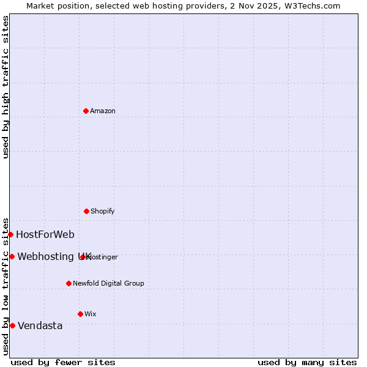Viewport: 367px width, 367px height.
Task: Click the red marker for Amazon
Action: pos(86,111)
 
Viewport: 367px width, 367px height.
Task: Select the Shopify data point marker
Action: pos(86,211)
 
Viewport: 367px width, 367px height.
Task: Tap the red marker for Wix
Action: pos(80,314)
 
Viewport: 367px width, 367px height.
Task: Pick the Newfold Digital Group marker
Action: pos(69,283)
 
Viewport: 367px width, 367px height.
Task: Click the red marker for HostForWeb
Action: pos(10,234)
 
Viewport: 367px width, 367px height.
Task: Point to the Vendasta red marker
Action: pos(12,325)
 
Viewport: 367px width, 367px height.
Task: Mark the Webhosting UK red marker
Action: pos(12,256)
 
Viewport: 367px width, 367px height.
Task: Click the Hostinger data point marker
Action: pos(83,257)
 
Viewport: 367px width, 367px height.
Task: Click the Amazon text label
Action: pos(103,111)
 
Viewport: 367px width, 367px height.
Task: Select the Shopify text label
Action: pos(103,211)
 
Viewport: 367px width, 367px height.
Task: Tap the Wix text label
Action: pos(91,314)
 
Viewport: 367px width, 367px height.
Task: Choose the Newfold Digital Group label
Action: pos(108,283)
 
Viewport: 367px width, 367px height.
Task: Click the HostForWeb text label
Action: pos(45,234)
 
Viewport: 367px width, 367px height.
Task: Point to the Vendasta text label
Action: pos(40,325)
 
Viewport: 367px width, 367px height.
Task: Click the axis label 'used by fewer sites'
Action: pos(63,362)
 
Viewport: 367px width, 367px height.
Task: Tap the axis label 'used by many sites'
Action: pos(307,362)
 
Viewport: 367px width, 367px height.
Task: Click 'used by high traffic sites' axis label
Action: pos(6,87)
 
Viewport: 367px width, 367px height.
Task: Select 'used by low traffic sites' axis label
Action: pos(6,286)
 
